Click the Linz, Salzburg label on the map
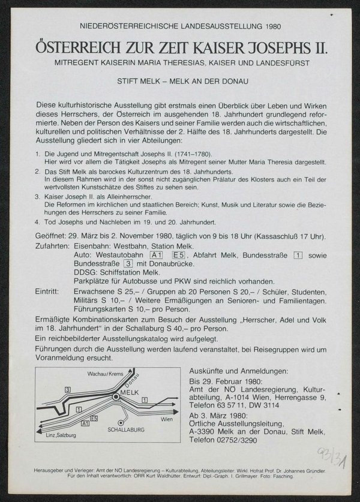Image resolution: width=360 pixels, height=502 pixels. pyautogui.click(x=53, y=442)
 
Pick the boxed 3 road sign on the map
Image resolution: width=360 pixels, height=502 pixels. pyautogui.click(x=68, y=389)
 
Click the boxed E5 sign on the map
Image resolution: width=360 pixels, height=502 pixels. pyautogui.click(x=94, y=417)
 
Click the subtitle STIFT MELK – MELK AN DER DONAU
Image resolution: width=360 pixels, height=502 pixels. pyautogui.click(x=179, y=78)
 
